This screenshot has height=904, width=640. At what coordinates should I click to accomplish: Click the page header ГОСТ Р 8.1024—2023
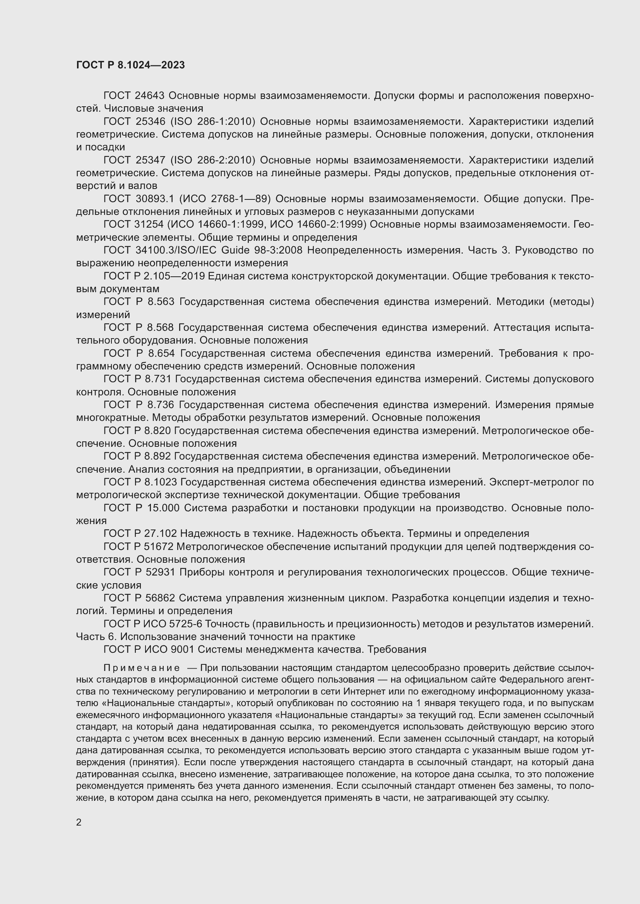[130, 65]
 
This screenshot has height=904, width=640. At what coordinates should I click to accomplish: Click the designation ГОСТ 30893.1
[139, 199]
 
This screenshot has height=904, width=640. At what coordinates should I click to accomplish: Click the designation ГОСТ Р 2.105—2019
[154, 276]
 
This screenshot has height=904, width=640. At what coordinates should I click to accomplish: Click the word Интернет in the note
[361, 692]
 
